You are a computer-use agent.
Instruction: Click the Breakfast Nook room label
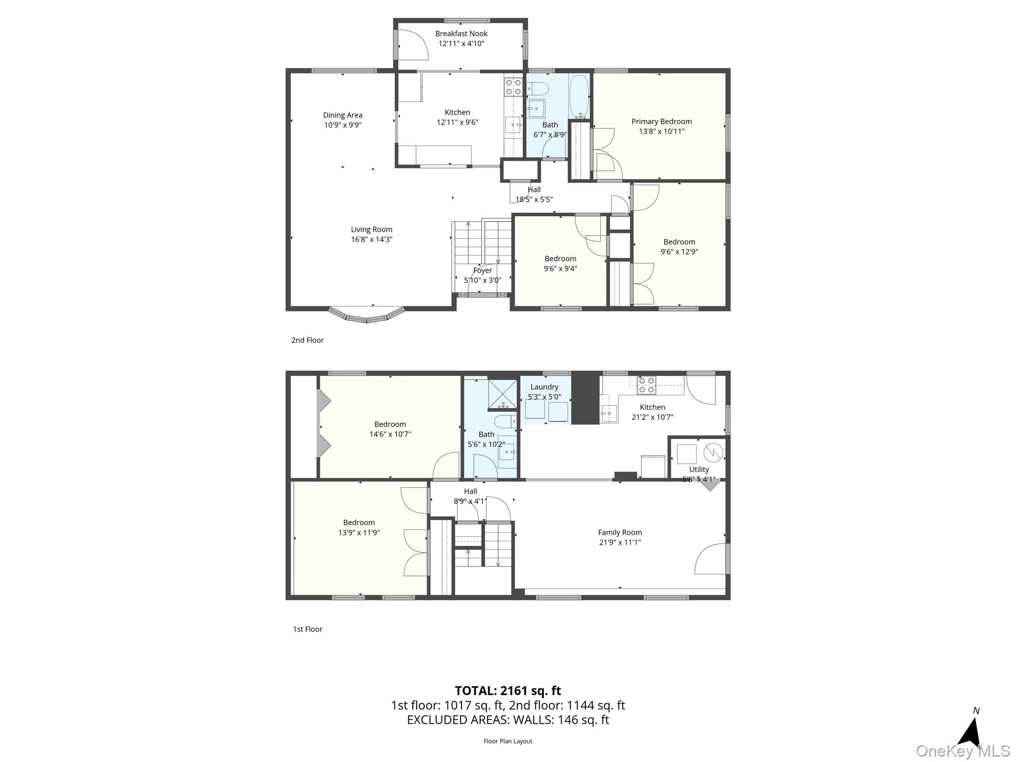click(x=461, y=34)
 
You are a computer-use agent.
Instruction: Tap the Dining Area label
click(x=343, y=115)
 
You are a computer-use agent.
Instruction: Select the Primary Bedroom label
click(x=662, y=122)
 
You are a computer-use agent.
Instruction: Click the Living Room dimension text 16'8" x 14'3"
click(x=372, y=239)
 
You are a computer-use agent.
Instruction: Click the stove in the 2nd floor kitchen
click(x=513, y=87)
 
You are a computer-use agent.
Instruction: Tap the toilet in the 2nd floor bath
click(x=537, y=89)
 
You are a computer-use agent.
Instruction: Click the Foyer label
click(x=483, y=270)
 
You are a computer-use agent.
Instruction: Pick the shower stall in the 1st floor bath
click(x=503, y=395)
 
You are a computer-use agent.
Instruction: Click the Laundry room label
click(x=545, y=387)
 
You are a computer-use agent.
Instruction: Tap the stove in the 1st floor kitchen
click(x=646, y=385)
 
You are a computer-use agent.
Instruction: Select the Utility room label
click(x=699, y=469)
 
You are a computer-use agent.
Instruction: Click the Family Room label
click(x=620, y=532)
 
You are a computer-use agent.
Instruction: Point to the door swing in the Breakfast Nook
click(x=413, y=44)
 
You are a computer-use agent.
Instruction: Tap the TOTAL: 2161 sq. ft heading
click(x=508, y=691)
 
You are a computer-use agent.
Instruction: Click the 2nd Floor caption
click(x=308, y=340)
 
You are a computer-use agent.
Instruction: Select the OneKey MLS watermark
click(x=962, y=751)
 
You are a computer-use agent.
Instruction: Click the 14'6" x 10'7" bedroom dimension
click(x=390, y=434)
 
